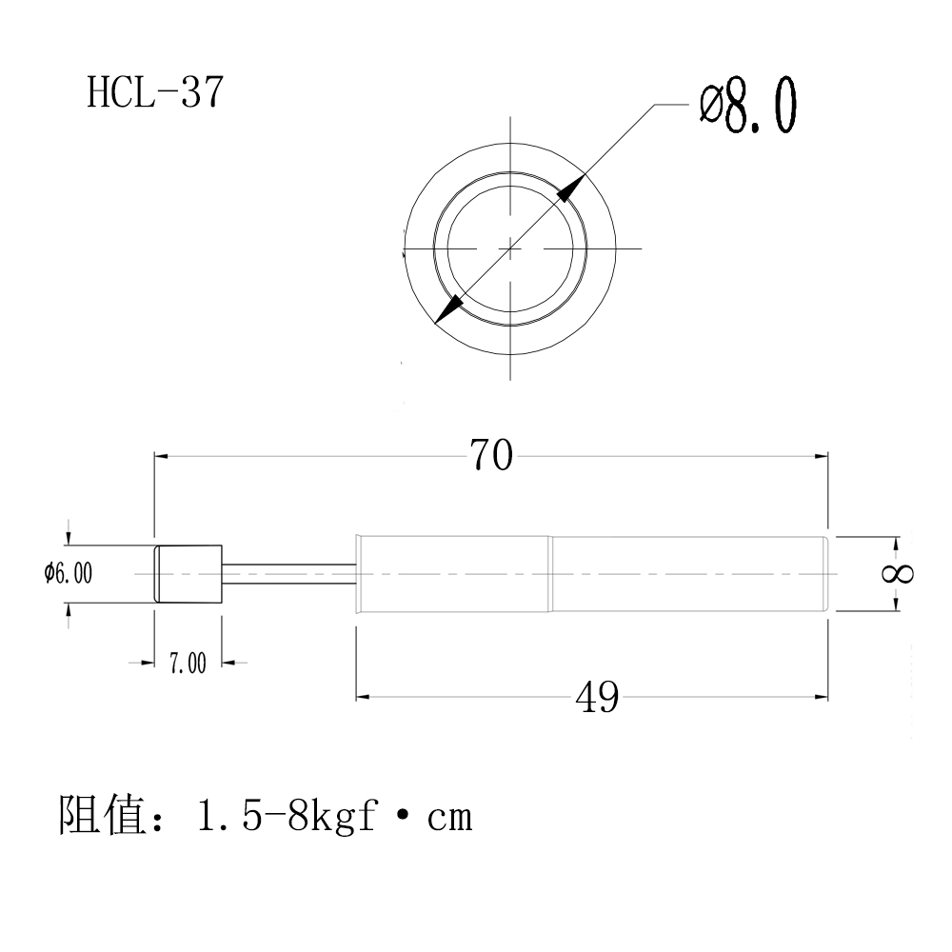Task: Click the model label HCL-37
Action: [x=156, y=93]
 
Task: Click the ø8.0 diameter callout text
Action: [x=747, y=107]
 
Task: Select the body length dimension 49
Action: [x=597, y=699]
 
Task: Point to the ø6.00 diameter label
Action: [x=68, y=573]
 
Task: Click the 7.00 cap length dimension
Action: [x=188, y=664]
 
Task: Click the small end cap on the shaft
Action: [x=188, y=573]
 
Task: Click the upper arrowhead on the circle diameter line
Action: [x=566, y=191]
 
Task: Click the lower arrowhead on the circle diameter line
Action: [x=448, y=307]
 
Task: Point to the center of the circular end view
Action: [x=510, y=248]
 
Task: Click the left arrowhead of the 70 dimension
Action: [x=162, y=457]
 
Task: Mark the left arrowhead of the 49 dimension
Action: [x=363, y=698]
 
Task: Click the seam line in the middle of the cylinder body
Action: [x=550, y=573]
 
